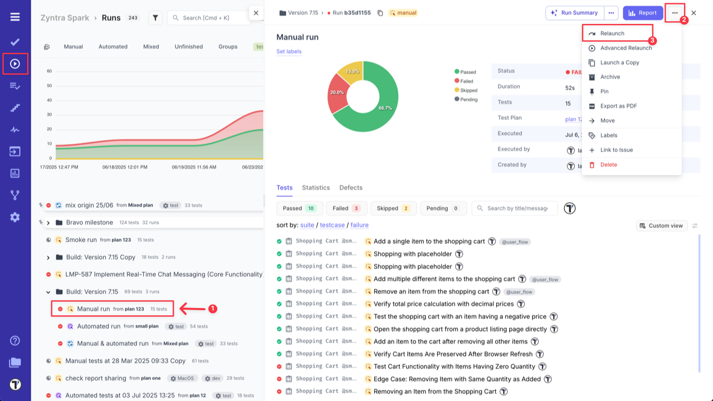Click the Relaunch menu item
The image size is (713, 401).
pos(612,33)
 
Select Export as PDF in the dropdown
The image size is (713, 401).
pos(618,106)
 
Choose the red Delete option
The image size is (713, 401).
pos(608,164)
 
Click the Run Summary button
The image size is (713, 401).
pos(574,13)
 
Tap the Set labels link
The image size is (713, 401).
pos(289,51)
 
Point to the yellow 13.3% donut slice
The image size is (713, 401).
pos(353,72)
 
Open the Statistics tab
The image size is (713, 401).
pos(316,188)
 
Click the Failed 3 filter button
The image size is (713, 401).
pos(346,208)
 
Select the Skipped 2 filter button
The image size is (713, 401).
pos(393,208)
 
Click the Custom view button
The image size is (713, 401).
pos(661,226)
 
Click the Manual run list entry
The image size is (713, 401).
pos(94,309)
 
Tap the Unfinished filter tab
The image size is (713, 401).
pos(188,47)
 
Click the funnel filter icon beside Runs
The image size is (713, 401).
pos(155,18)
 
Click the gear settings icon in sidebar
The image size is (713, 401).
pos(15,217)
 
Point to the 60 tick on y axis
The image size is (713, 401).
pos(49,71)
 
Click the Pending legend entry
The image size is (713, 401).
pos(468,99)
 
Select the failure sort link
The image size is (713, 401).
pos(359,225)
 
